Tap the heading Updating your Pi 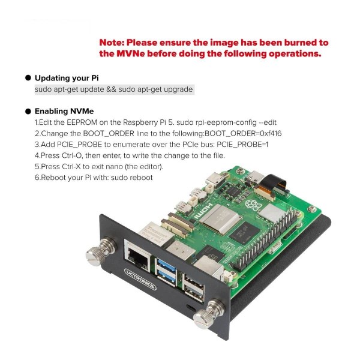point(67,78)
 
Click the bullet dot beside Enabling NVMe point(28,112)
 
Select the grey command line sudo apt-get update point(113,89)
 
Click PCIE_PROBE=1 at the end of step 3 point(242,145)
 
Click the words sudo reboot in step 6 point(132,178)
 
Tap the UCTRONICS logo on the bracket point(140,279)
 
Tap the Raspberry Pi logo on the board point(252,205)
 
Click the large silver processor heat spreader point(220,219)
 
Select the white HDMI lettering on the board point(203,212)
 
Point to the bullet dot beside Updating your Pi point(28,78)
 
